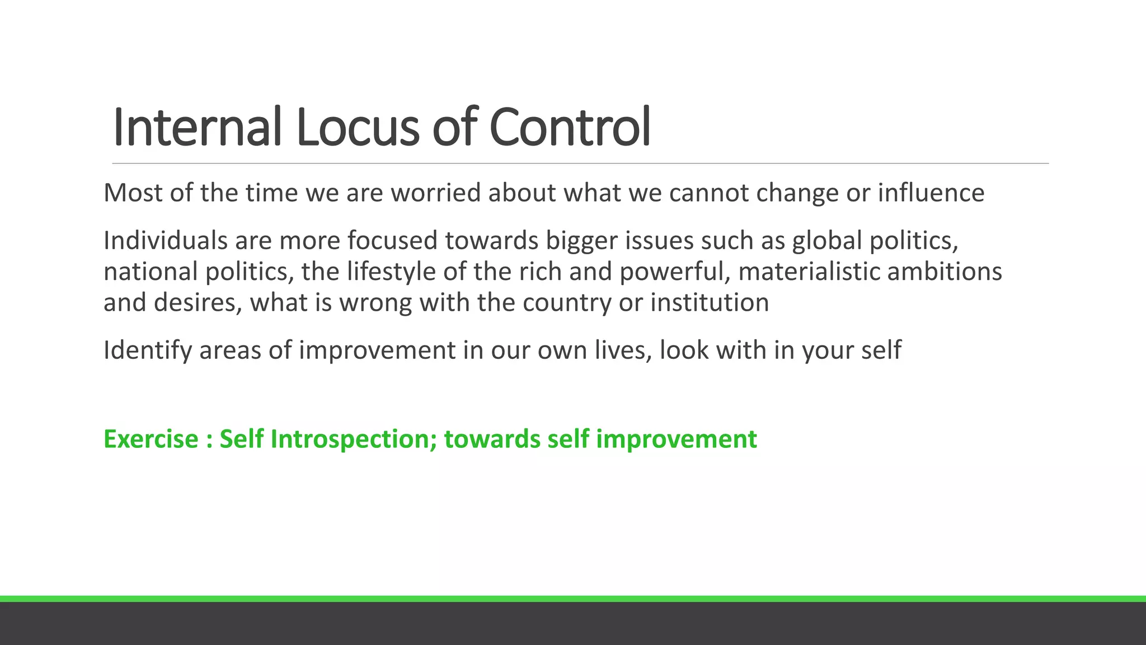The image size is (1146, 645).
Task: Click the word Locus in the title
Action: click(357, 128)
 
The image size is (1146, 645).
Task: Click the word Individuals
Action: click(165, 241)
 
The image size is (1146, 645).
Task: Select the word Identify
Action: click(148, 351)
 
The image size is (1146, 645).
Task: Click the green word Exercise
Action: click(151, 439)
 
